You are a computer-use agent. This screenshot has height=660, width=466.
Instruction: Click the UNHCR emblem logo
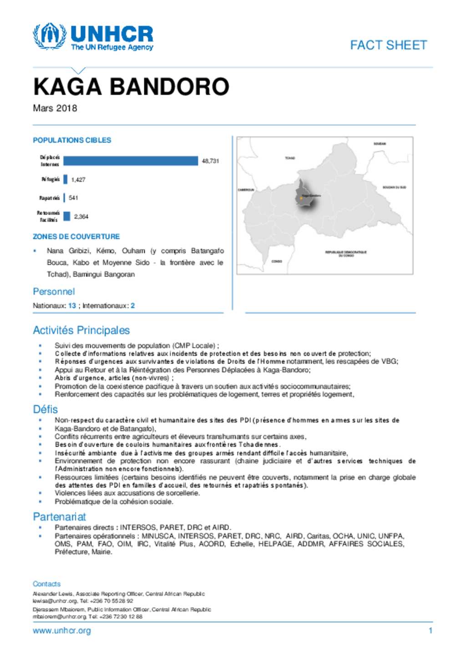point(49,36)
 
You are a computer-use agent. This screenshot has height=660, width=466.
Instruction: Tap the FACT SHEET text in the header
point(388,45)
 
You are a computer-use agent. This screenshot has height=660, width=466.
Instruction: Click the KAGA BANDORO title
point(131,87)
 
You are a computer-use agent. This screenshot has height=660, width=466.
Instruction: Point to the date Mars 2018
point(55,108)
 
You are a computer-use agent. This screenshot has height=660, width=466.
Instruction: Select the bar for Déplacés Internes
point(131,161)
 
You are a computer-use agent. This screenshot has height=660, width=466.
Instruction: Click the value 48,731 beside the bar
point(210,161)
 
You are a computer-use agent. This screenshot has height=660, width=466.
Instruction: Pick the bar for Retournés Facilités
point(67,216)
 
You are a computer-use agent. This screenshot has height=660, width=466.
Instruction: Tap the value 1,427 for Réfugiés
point(78,179)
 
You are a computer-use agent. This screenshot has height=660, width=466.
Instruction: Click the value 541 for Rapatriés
point(73,198)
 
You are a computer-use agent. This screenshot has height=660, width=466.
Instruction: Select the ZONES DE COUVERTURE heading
point(76,236)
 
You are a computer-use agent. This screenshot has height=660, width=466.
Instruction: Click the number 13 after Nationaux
point(72,306)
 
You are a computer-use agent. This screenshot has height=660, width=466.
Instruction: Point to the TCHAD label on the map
point(290,158)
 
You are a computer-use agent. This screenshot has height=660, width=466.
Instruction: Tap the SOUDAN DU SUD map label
point(394,187)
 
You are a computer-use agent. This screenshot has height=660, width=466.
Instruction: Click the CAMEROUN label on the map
point(246,189)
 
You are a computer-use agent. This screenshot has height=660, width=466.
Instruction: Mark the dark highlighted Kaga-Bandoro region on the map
point(302,194)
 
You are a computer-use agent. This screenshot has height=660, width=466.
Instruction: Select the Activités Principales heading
point(81,330)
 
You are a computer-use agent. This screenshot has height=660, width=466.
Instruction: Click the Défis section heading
point(45,409)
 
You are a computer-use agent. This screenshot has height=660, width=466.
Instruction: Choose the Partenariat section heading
point(59,517)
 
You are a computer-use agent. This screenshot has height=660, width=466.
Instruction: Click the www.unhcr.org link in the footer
point(61,631)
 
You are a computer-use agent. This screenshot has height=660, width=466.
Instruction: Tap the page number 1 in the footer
point(430,631)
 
